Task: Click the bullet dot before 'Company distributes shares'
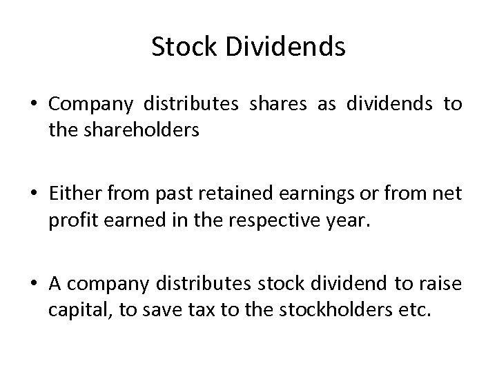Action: click(33, 105)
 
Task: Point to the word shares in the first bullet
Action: click(277, 105)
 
